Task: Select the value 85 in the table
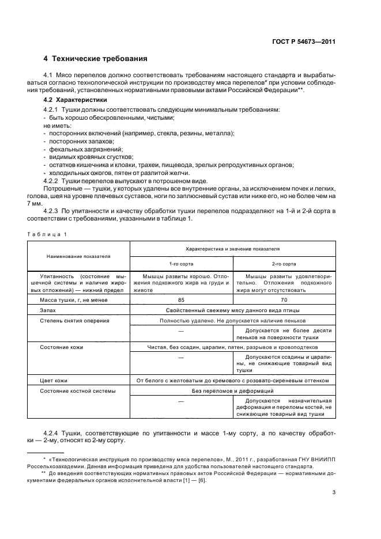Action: [182, 299]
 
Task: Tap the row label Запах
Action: [48, 310]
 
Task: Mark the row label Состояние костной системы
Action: [77, 390]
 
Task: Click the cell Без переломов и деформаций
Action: [232, 390]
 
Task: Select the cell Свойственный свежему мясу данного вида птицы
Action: [232, 310]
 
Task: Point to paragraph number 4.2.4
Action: [54, 433]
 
